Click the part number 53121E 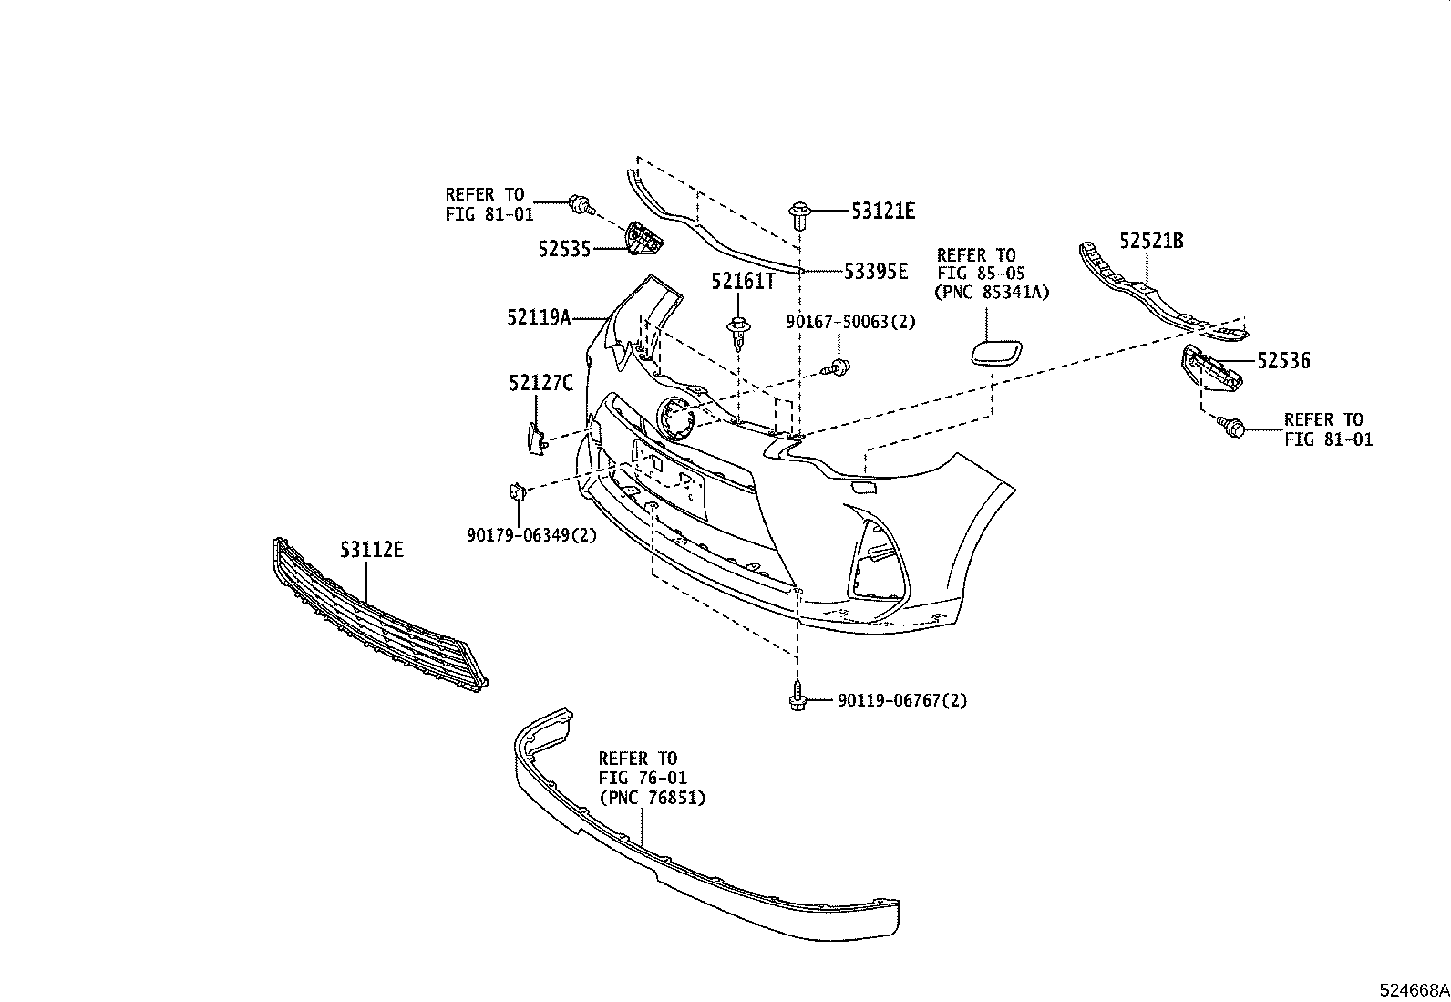[x=882, y=212]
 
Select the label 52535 [x=565, y=248]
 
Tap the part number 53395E [x=875, y=271]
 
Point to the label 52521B [x=1151, y=241]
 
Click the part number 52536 [x=1283, y=361]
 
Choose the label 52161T [x=743, y=282]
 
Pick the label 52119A [x=539, y=317]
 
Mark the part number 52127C [x=540, y=383]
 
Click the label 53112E [x=372, y=550]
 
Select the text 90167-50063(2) [x=851, y=321]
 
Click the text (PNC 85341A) [x=992, y=293]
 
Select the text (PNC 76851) [x=652, y=797]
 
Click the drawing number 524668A [x=1413, y=989]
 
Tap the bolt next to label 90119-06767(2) [x=797, y=698]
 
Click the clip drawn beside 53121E [x=800, y=214]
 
